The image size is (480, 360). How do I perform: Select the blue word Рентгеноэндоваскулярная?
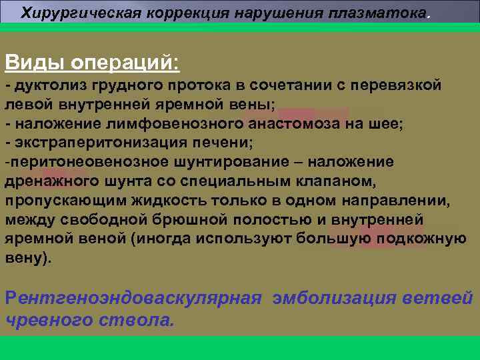pyautogui.click(x=133, y=297)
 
